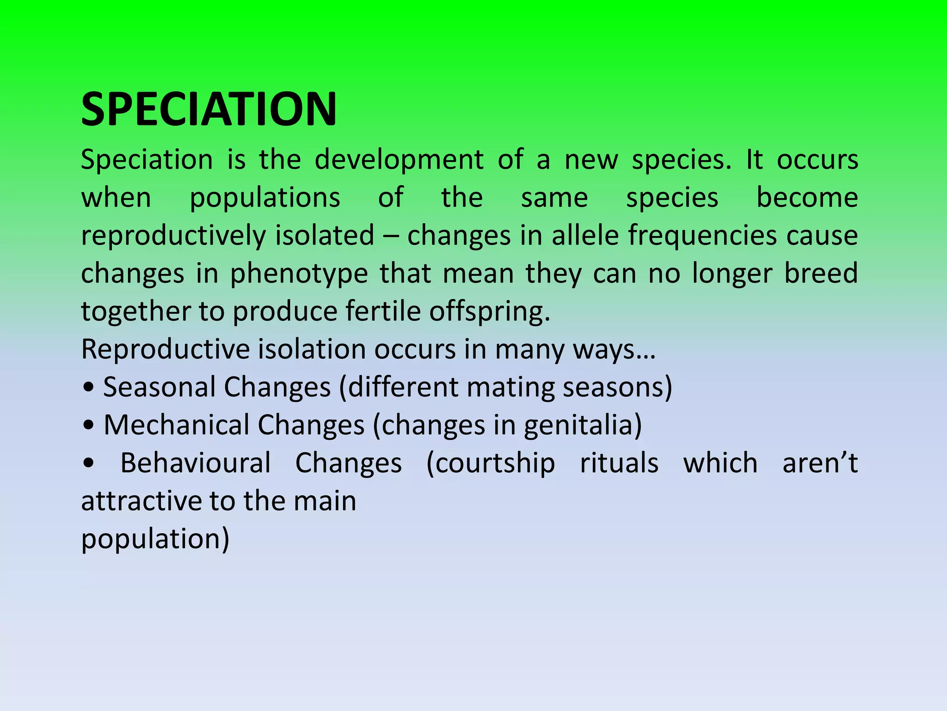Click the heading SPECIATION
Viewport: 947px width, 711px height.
tap(209, 109)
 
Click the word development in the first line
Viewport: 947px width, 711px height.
tap(399, 160)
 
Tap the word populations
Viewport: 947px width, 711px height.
tap(265, 198)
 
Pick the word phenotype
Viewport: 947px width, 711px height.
tap(299, 274)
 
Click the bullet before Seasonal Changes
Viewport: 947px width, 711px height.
tap(88, 388)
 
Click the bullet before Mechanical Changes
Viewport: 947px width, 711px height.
tap(88, 426)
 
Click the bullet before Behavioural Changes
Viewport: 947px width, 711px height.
tap(88, 463)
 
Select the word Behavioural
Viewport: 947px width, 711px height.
tap(195, 463)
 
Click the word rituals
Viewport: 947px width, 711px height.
tap(619, 463)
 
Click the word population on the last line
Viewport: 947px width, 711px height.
tap(150, 539)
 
